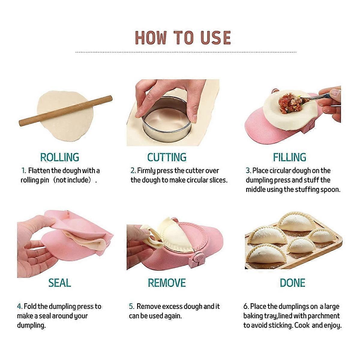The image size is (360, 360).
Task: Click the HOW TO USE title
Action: [x=183, y=37]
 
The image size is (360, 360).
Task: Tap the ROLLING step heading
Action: [x=60, y=157]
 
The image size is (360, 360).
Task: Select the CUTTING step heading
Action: [x=167, y=157]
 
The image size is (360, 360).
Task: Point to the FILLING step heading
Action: [x=289, y=157]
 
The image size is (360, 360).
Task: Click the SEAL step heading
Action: [x=60, y=283]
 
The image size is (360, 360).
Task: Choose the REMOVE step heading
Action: [x=167, y=283]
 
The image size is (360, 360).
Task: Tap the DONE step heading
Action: [x=292, y=283]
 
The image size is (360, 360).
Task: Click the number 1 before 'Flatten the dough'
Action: [x=24, y=171]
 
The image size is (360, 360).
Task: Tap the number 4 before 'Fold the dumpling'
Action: [x=19, y=306]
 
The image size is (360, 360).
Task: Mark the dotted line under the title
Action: [x=186, y=52]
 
